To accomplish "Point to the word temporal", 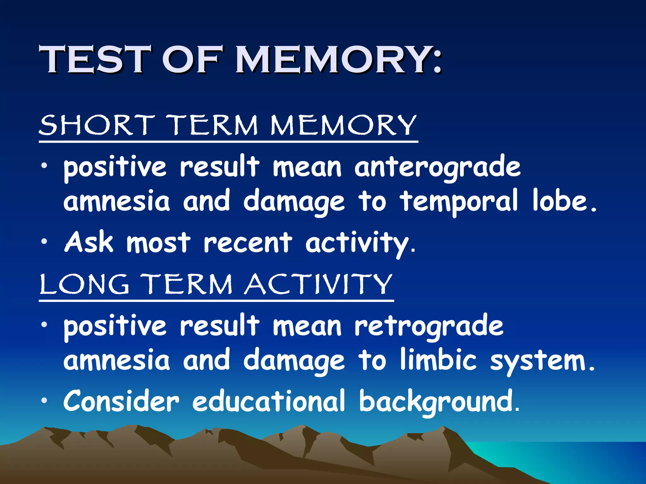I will pos(459,201).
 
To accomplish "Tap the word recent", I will pos(248,243).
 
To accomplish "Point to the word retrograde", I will pos(429,326).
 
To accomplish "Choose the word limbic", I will pos(438,360).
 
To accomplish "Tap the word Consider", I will pos(121,401).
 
